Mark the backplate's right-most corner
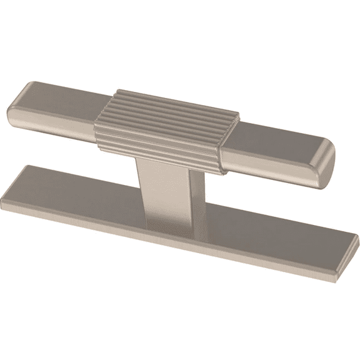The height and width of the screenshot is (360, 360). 357,238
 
